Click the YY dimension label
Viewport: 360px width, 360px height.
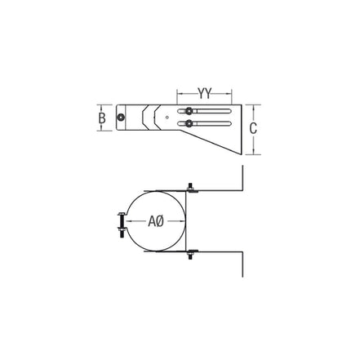click(204, 94)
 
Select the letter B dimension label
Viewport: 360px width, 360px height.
click(102, 118)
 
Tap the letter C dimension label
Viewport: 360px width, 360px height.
click(253, 128)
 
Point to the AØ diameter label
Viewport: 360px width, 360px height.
click(156, 221)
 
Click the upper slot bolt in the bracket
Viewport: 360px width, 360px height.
click(189, 111)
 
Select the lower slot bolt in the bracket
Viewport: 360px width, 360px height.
click(189, 123)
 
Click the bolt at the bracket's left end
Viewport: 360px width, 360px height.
click(120, 118)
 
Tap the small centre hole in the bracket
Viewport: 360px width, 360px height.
click(167, 118)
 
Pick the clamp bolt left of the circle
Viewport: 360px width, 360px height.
click(121, 225)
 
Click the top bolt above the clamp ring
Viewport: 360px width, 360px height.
click(191, 188)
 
